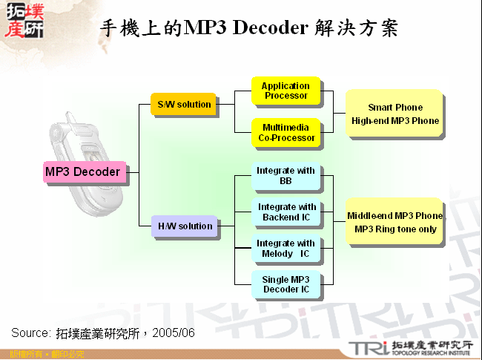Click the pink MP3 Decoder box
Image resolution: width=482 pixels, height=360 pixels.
82,172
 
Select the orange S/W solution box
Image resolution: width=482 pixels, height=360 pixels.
184,105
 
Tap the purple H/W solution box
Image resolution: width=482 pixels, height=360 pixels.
185,226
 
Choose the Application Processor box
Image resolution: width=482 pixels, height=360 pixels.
286,91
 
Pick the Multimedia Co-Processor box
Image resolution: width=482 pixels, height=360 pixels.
286,133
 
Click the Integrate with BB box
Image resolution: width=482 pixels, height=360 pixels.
286,176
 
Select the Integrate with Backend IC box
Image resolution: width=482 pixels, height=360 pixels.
286,212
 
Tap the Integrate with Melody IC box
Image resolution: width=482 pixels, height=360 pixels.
286,249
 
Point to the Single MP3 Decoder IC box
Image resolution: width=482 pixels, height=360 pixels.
286,284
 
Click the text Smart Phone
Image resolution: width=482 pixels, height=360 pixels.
395,108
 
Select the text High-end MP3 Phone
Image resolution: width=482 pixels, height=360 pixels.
395,121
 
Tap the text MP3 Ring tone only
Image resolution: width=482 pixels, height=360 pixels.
395,229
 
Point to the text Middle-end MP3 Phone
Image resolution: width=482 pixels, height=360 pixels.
395,216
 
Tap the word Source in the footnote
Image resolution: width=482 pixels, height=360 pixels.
30,332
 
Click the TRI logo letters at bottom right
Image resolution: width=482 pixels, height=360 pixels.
368,347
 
